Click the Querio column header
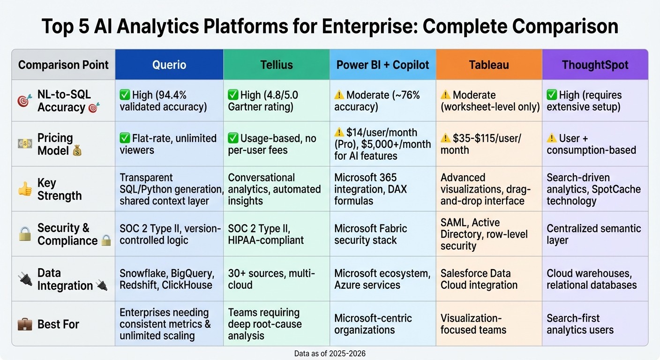click(169, 65)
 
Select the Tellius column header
click(276, 65)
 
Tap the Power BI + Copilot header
click(382, 65)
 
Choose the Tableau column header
click(489, 65)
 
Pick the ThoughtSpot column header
click(595, 65)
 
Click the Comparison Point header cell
click(63, 65)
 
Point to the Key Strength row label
click(60, 189)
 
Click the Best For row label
click(58, 324)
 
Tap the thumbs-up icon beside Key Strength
click(24, 188)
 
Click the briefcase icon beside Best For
click(24, 324)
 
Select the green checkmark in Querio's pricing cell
click(125, 138)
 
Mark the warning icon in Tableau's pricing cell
click(445, 138)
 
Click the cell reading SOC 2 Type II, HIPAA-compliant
click(266, 234)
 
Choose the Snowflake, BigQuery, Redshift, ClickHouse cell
click(167, 279)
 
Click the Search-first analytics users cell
click(580, 324)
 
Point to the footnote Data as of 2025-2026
click(330, 353)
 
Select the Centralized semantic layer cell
click(593, 234)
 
